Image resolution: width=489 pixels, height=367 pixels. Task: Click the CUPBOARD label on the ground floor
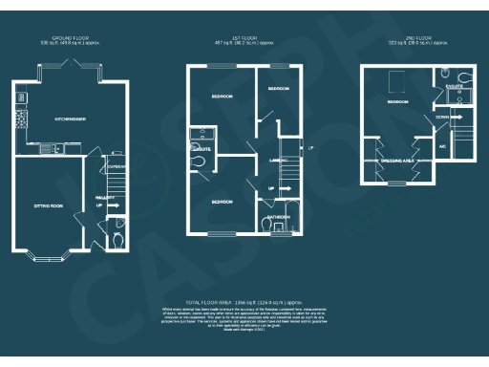[117, 164]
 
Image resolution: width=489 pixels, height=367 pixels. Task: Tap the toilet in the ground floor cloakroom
[117, 240]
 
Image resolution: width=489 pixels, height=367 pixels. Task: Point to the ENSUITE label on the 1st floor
[202, 148]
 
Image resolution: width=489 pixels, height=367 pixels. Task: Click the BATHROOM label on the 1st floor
[279, 216]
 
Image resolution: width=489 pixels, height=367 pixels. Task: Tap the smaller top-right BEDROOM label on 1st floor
[278, 88]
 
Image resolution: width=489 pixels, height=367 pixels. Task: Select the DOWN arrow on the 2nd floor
[445, 118]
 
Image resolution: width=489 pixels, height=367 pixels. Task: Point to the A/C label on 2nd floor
[442, 146]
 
